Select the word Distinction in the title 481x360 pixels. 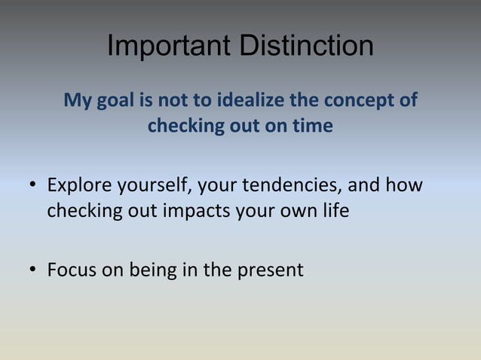click(x=306, y=47)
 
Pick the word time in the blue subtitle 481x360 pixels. click(x=313, y=126)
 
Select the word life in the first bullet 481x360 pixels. click(x=333, y=210)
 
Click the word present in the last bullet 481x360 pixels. click(x=268, y=270)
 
